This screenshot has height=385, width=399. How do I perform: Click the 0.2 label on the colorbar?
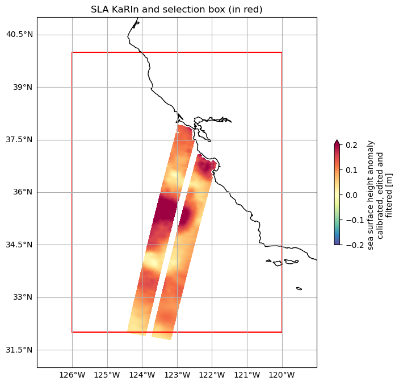(351, 146)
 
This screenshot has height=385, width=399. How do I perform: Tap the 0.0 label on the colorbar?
(351, 195)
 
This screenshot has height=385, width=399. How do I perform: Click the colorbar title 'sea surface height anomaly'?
(371, 195)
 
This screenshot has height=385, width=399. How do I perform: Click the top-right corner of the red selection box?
(282, 52)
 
